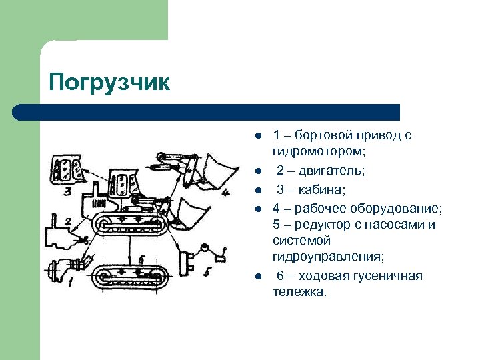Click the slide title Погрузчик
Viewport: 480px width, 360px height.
pos(109,83)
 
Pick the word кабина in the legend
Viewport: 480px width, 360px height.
pos(322,190)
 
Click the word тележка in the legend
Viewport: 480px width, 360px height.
pos(299,292)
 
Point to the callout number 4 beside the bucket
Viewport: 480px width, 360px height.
pos(225,193)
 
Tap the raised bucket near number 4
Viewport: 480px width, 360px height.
pos(215,170)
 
